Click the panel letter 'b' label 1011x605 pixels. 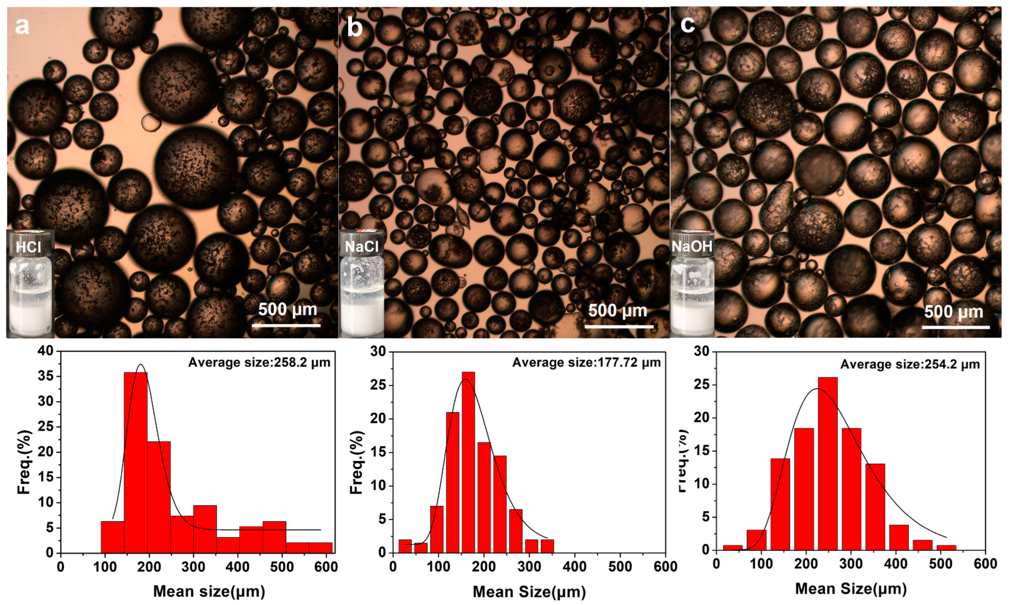355,28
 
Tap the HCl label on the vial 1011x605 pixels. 29,247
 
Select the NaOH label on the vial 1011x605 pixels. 692,247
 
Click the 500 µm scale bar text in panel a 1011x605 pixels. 288,310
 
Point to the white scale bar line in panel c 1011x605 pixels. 956,327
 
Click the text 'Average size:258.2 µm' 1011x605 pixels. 259,362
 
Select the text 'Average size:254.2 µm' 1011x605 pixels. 910,364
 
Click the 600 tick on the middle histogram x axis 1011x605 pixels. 665,567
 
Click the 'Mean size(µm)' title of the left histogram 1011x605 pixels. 209,591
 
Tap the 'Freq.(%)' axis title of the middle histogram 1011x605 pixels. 357,462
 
